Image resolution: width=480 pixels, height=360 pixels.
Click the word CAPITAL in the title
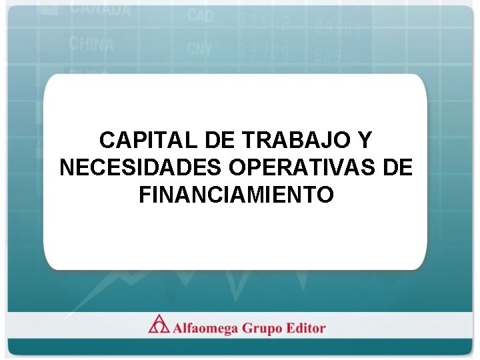(x=141, y=141)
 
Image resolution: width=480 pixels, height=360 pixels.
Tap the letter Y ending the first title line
(x=363, y=141)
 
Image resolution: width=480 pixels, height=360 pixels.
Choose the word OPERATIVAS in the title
(x=303, y=167)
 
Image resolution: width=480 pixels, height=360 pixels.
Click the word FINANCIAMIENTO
(x=236, y=195)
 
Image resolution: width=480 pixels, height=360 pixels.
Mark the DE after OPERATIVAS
(x=399, y=167)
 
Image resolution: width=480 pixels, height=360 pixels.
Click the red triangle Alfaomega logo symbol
(x=159, y=325)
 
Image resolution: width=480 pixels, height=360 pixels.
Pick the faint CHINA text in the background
(x=91, y=44)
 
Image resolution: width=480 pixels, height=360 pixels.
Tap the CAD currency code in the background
(x=200, y=15)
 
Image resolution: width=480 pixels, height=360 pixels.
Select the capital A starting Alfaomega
(x=179, y=328)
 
